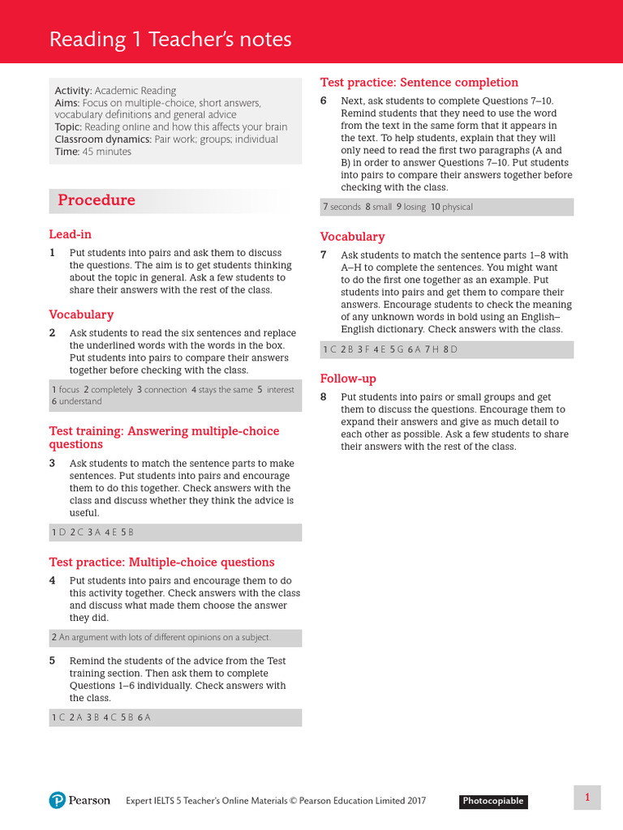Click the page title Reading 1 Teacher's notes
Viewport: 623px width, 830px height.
click(x=170, y=40)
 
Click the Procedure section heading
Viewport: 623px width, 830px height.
click(x=96, y=200)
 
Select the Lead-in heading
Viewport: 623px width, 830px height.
click(x=70, y=234)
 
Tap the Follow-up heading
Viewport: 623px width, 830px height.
click(x=348, y=379)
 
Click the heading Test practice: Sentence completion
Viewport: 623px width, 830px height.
click(x=419, y=82)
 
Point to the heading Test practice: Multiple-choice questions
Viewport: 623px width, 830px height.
click(x=161, y=562)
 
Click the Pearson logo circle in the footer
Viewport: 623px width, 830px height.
click(x=56, y=800)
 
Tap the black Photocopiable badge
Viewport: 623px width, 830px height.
click(x=493, y=801)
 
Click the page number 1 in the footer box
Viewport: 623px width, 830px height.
click(x=587, y=798)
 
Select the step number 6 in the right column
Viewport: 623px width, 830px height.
click(x=323, y=101)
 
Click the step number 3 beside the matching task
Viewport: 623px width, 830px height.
click(x=52, y=464)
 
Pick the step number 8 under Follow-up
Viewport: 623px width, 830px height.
click(x=323, y=397)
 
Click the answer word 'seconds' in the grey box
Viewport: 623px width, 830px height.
click(x=346, y=207)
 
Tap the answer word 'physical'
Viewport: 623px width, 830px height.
click(x=458, y=207)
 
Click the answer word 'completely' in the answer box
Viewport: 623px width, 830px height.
click(x=111, y=390)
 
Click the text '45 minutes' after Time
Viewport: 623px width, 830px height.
click(x=106, y=152)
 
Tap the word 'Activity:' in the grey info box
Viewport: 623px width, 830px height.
click(x=73, y=91)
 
